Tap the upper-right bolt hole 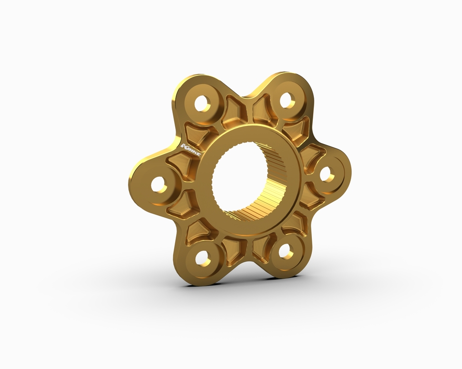click(x=286, y=100)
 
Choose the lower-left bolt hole click(x=202, y=258)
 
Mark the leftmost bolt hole click(x=159, y=184)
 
